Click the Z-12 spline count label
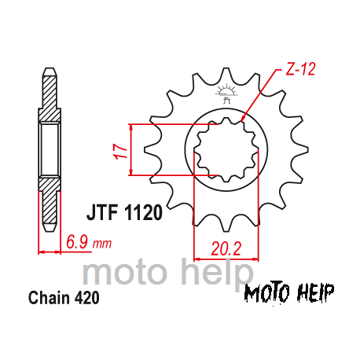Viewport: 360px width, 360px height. coord(300,69)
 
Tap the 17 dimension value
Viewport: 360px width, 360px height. coord(120,150)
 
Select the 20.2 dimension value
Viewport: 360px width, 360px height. coord(226,248)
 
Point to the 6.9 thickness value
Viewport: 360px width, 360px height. coord(77,242)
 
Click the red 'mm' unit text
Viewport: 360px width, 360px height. coord(102,244)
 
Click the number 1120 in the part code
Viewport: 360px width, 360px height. coord(143,212)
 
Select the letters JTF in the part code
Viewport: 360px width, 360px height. coord(102,212)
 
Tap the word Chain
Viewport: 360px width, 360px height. coord(50,298)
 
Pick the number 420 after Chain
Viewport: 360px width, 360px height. coord(87,298)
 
